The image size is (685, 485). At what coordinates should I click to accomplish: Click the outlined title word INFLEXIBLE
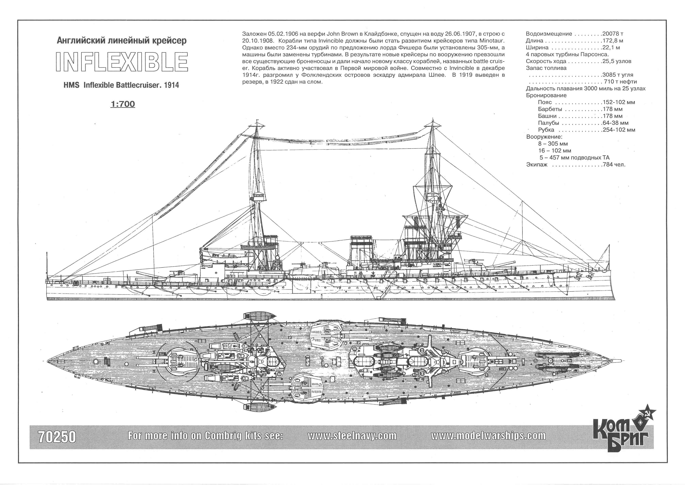[x=122, y=62]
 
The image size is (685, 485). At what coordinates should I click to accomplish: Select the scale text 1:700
[x=123, y=104]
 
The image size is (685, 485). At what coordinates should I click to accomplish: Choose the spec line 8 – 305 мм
[x=553, y=144]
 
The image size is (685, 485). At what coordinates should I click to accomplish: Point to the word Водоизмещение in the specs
[x=549, y=34]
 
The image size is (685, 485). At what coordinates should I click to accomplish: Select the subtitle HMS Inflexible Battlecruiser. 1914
[x=121, y=85]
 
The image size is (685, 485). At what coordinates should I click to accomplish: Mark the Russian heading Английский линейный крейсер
[x=122, y=41]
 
